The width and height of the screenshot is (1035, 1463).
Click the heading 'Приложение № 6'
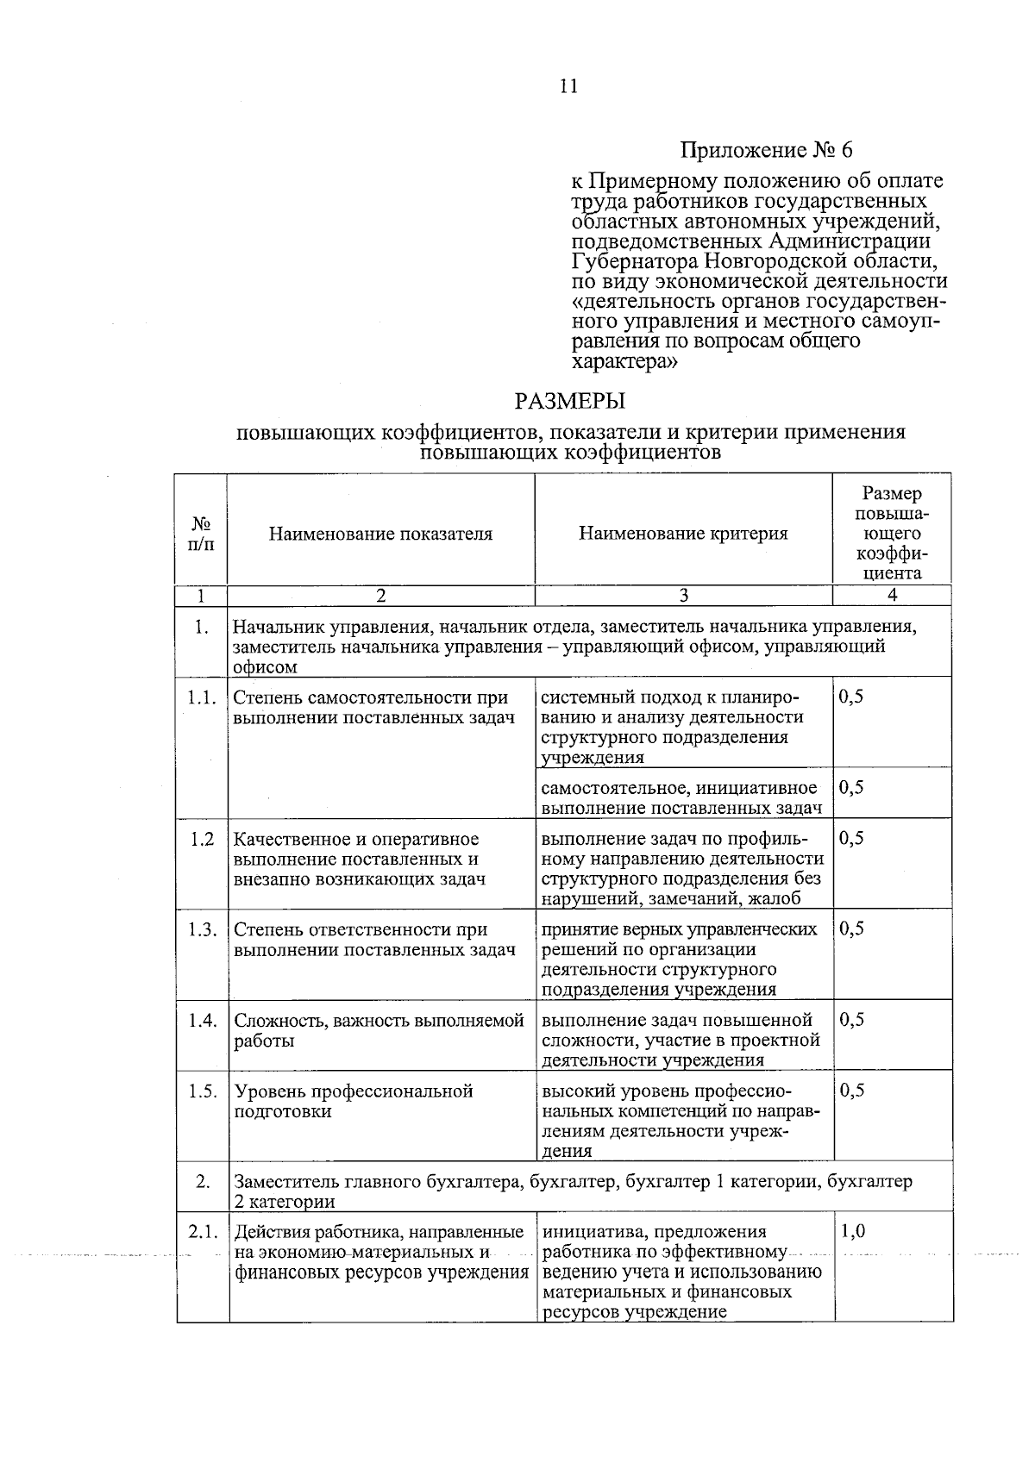pyautogui.click(x=766, y=150)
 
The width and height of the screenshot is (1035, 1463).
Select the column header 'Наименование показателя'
pyautogui.click(x=380, y=534)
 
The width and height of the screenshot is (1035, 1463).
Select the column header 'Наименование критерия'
pyautogui.click(x=683, y=534)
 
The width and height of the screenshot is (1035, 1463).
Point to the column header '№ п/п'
pyautogui.click(x=201, y=534)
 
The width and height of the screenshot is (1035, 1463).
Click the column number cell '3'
pyautogui.click(x=683, y=595)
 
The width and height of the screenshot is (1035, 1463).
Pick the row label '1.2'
pyautogui.click(x=202, y=839)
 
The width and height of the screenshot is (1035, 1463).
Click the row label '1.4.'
pyautogui.click(x=202, y=1020)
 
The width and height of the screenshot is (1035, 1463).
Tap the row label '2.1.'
pyautogui.click(x=202, y=1232)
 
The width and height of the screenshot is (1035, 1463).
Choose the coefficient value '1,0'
pyautogui.click(x=852, y=1232)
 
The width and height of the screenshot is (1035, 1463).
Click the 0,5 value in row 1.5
pyautogui.click(x=851, y=1091)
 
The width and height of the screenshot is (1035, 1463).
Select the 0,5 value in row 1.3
pyautogui.click(x=851, y=929)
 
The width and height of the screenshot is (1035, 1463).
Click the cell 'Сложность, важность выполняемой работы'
pyautogui.click(x=379, y=1030)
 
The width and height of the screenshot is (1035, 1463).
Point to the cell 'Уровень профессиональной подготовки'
pyautogui.click(x=354, y=1101)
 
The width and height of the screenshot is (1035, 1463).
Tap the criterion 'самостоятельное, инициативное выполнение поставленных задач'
pyautogui.click(x=680, y=797)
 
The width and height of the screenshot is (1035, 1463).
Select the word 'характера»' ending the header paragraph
pyautogui.click(x=623, y=362)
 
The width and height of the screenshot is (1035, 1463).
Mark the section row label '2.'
pyautogui.click(x=202, y=1181)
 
